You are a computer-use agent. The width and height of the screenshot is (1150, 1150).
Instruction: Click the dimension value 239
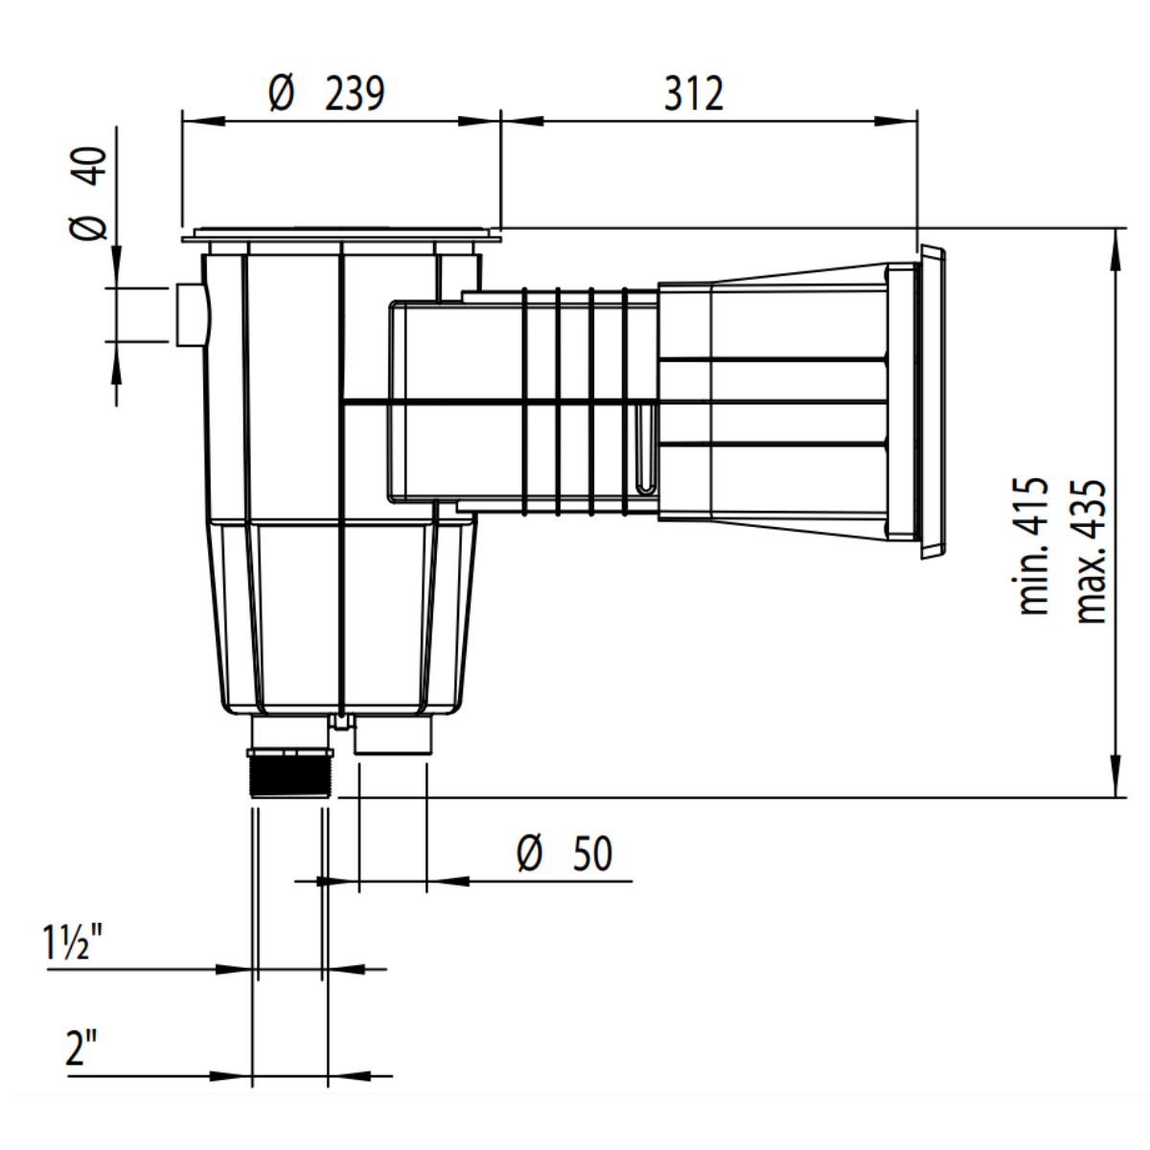pyautogui.click(x=356, y=94)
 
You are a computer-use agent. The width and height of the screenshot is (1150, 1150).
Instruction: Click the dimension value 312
pyautogui.click(x=693, y=94)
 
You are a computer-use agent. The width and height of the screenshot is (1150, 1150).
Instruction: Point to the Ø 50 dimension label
pyautogui.click(x=565, y=853)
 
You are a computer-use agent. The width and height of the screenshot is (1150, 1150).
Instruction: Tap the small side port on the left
pyautogui.click(x=190, y=314)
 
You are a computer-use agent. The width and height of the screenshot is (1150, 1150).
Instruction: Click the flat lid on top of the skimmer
pyautogui.click(x=340, y=233)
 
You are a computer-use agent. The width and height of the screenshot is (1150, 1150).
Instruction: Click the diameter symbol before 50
pyautogui.click(x=530, y=853)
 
